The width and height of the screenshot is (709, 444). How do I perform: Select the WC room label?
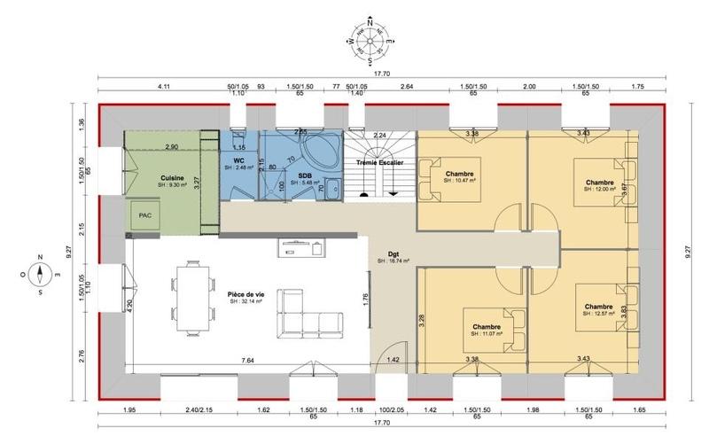(238, 160)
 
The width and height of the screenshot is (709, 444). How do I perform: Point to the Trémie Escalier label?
(379, 164)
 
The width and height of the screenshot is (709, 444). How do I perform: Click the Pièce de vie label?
(247, 292)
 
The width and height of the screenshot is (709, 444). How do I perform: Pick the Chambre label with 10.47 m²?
(460, 174)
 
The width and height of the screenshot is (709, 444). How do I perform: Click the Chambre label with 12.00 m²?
(600, 183)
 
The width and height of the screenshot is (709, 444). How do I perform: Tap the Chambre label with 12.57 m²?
(599, 307)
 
